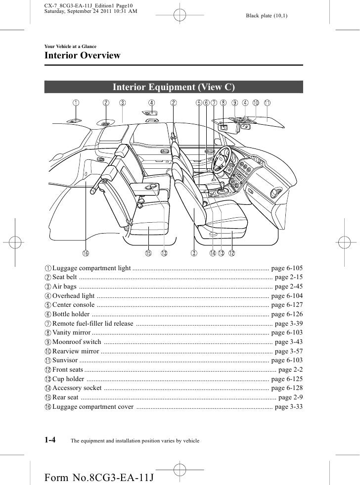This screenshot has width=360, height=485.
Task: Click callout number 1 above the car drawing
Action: pos(75,103)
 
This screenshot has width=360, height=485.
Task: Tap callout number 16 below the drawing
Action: pos(86,253)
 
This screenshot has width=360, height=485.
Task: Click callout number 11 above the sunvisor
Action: pos(267,103)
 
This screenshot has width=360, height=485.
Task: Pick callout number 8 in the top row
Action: pos(224,103)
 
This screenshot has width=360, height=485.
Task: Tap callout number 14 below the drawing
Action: pos(212,253)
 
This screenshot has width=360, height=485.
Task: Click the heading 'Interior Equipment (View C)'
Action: pos(174,88)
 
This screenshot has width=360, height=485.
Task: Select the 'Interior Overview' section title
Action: pos(83,55)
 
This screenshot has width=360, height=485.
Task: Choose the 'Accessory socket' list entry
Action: pos(77,388)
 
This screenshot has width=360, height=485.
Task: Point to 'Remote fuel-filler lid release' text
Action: pos(92,324)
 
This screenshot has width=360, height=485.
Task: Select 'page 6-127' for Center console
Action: pos(287,305)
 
